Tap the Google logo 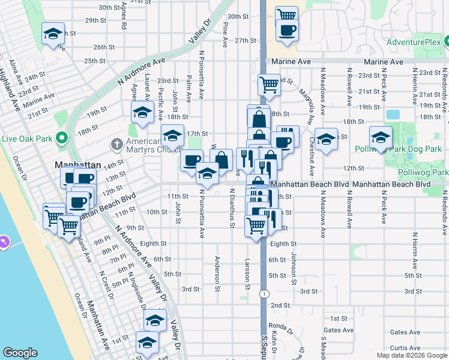20,353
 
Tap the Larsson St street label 247,273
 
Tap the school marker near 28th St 53,34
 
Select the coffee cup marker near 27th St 287,30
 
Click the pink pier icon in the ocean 5,242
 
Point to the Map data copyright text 411,355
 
